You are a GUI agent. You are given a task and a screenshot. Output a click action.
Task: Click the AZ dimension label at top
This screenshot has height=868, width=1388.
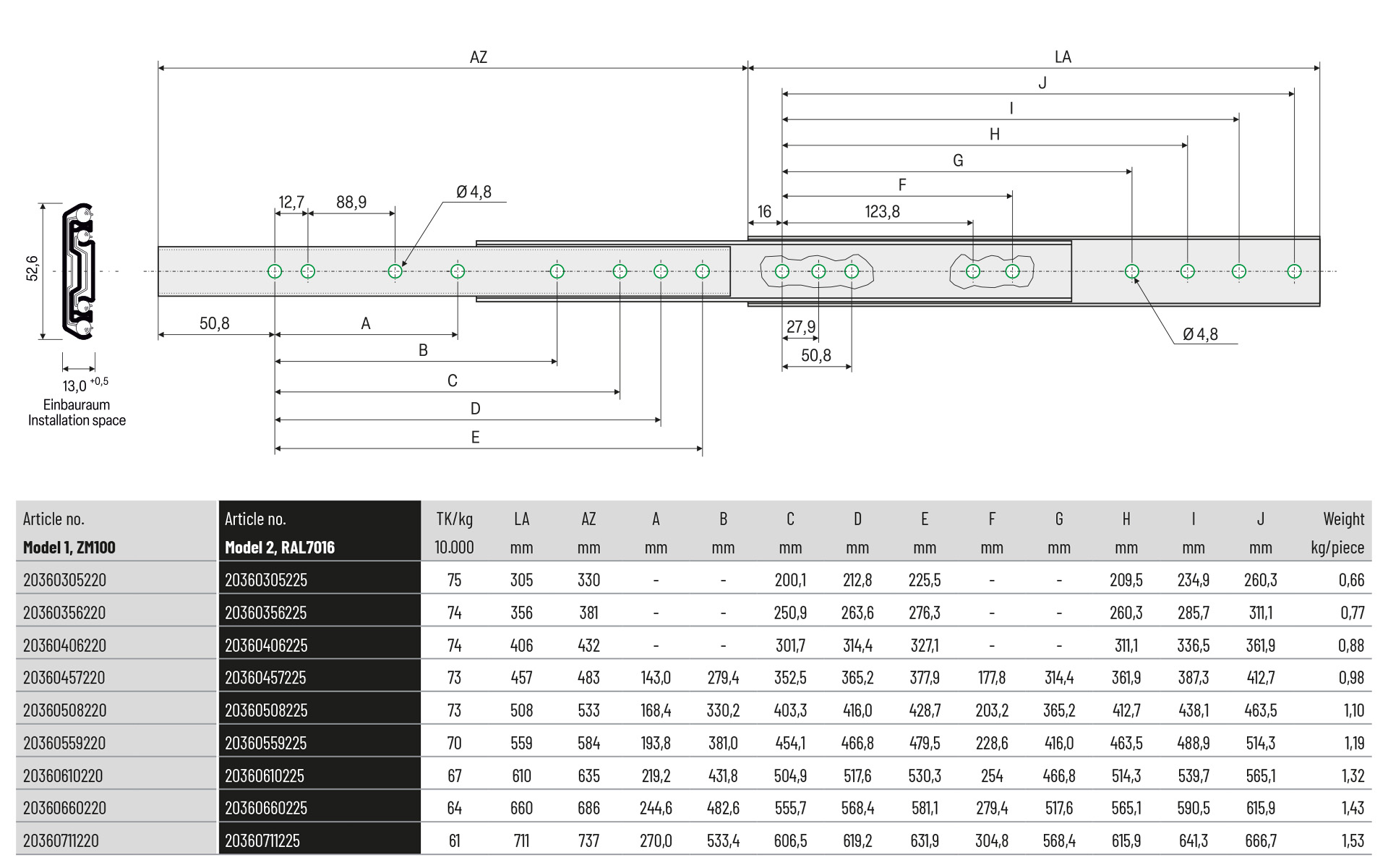pos(478,57)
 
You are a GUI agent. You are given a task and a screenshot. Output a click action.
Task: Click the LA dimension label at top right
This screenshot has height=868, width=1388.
pos(1062,57)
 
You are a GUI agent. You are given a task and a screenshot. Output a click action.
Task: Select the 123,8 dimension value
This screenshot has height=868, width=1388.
pos(882,212)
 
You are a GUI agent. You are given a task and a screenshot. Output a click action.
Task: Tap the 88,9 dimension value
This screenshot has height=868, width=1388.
pos(351,203)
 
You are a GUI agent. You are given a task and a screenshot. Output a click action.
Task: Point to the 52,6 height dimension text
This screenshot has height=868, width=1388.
pos(33,268)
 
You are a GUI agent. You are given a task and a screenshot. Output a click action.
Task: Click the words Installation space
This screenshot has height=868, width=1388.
pos(77,420)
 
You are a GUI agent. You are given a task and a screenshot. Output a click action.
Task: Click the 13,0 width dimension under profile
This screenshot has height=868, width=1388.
pos(75,386)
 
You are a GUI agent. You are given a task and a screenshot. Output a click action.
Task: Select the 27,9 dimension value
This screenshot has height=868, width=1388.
pos(800,327)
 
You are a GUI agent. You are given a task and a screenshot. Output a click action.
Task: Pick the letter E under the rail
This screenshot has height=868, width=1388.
pos(475,437)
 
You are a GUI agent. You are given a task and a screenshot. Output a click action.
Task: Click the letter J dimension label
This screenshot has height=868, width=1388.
pos(1042,83)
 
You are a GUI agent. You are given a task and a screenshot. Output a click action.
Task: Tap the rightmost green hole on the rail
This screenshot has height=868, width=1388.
pos(1294,271)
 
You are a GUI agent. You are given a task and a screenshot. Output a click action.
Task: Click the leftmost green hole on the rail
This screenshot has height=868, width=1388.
pos(275,271)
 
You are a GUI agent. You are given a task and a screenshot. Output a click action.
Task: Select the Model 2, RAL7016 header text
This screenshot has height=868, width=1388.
pos(280,548)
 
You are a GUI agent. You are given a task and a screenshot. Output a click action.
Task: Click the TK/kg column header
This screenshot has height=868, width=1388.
pos(454,519)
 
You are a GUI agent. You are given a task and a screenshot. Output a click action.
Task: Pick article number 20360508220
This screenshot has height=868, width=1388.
pos(64,710)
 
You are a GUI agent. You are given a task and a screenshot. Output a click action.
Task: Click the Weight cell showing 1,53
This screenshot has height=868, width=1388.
pos(1352,841)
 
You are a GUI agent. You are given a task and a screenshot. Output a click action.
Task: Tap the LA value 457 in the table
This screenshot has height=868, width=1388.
pos(521,678)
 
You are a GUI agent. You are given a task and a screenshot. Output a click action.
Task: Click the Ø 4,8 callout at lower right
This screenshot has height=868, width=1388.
pos(1200,334)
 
